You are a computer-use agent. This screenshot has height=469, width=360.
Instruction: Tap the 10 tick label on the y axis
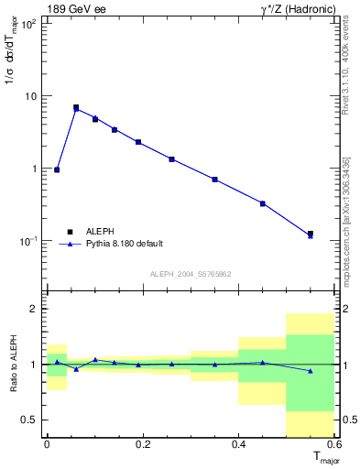tap(28, 96)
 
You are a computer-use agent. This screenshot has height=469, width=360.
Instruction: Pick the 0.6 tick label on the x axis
tap(334, 444)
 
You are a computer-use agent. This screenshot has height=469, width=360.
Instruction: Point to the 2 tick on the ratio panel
tap(36, 309)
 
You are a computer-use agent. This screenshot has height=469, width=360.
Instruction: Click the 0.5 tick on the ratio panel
tap(31, 420)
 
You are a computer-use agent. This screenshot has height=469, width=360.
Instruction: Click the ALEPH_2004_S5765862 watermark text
tap(191, 274)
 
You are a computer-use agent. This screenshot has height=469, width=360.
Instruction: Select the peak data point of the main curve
tap(76, 108)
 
